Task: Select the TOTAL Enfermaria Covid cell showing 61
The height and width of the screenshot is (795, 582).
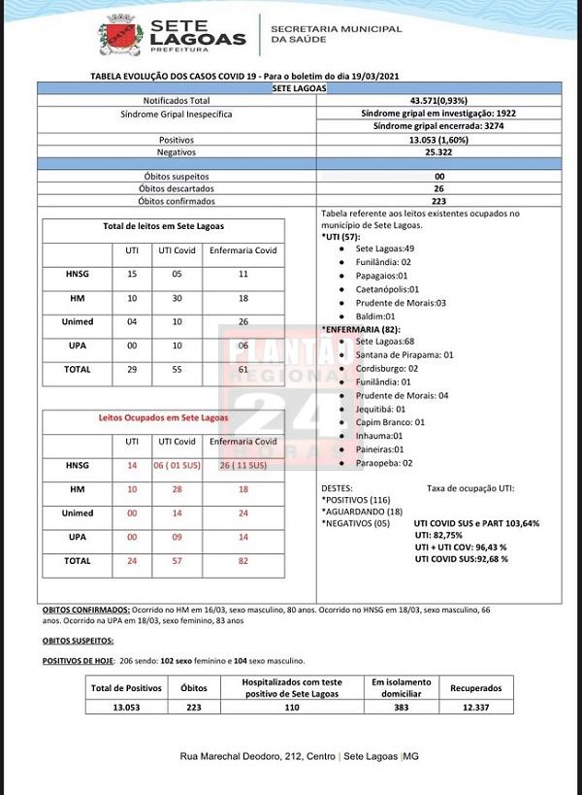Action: tap(243, 370)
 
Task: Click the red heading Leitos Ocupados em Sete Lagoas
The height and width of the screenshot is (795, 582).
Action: tap(163, 417)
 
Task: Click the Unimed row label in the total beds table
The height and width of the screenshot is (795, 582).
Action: tap(78, 321)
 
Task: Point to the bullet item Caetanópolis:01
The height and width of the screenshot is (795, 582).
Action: tap(387, 289)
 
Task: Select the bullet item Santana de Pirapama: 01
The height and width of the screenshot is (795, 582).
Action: tap(404, 355)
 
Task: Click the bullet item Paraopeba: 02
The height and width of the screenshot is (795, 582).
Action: tap(387, 463)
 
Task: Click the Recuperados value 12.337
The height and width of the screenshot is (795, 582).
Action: tap(475, 708)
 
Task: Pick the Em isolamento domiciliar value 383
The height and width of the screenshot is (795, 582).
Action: tap(398, 708)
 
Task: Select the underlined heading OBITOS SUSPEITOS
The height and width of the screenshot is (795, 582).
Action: tap(78, 642)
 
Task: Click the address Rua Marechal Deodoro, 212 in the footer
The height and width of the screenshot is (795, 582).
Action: tap(246, 756)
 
